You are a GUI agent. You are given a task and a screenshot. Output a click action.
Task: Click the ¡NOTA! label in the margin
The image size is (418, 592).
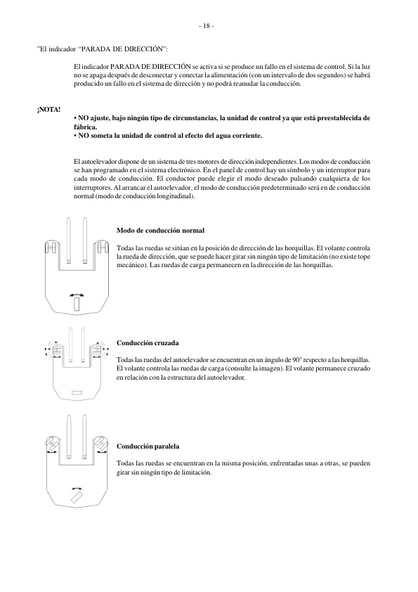pyautogui.click(x=49, y=110)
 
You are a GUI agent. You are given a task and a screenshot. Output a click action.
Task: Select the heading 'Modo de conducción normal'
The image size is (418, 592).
pyautogui.click(x=161, y=231)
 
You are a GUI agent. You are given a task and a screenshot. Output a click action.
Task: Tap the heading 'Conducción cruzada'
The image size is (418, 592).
pyautogui.click(x=148, y=342)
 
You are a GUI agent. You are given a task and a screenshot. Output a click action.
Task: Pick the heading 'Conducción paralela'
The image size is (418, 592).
pyautogui.click(x=148, y=446)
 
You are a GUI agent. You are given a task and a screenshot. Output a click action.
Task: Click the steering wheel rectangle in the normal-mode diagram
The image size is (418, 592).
pyautogui.click(x=76, y=303)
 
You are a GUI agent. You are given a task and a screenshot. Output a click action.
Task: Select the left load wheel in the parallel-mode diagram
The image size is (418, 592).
pyautogui.click(x=51, y=444)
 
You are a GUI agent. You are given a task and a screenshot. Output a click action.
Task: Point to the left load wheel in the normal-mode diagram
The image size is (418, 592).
pyautogui.click(x=51, y=248)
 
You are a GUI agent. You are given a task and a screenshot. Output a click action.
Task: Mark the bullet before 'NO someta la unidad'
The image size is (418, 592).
pyautogui.click(x=75, y=134)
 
